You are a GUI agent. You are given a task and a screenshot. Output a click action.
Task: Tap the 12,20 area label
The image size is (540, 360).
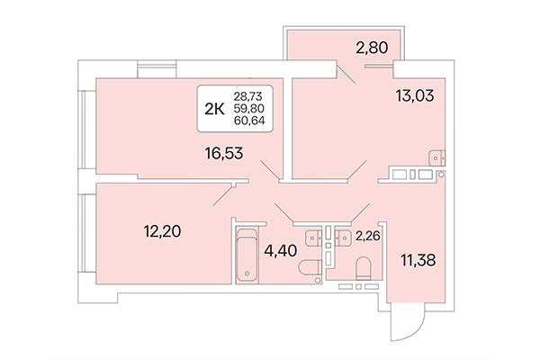coord(162,231)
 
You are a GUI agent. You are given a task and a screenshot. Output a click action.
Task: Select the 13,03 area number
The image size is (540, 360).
coord(415,94)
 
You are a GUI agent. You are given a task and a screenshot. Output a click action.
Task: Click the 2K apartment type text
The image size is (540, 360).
coord(215,109)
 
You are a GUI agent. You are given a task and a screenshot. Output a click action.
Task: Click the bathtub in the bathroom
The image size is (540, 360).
coord(246,258)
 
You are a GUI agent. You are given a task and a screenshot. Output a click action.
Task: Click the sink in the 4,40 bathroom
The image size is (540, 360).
coord(312,238)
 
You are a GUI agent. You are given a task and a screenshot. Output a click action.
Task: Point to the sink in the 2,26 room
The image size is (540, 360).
coord(344,238)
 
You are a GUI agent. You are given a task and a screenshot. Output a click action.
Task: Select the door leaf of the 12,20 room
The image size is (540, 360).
coord(226,193)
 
